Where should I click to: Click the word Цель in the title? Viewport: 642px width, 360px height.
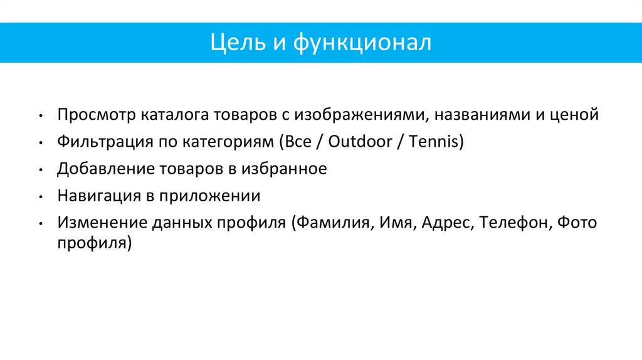232,43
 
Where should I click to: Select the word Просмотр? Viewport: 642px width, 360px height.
96,115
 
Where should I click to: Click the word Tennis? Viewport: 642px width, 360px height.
435,142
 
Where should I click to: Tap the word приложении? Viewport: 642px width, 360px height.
209,196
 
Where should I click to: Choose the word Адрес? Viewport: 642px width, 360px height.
446,223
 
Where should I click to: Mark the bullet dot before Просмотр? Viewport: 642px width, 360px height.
40,116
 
